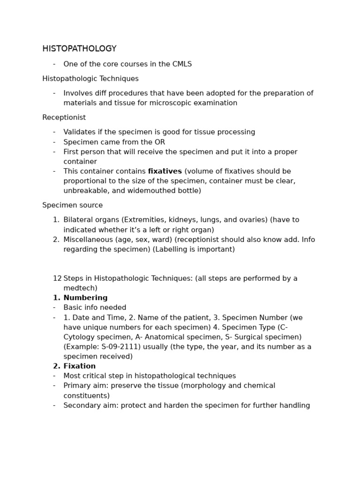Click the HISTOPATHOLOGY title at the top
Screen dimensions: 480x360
tap(79, 49)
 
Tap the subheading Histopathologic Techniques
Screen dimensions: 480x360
tap(90, 79)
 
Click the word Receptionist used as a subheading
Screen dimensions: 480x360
tap(64, 118)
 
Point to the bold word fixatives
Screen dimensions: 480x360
tap(165, 172)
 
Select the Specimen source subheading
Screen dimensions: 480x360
tap(72, 205)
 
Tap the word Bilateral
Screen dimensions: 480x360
tap(79, 220)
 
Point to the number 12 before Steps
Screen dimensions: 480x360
tap(57, 278)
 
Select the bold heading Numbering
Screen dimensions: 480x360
tap(85, 298)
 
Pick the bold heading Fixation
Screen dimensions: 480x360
tap(79, 367)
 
